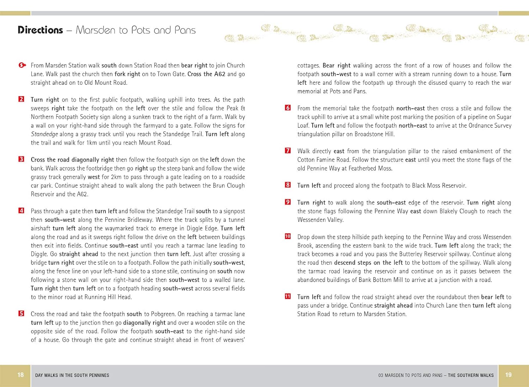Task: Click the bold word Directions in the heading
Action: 40,30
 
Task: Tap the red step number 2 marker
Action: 21,99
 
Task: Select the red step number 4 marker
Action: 21,211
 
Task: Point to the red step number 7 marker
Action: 288,151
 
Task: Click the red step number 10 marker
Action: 288,237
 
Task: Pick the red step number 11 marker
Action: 288,297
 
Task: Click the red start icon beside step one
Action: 22,65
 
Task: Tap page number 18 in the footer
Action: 20,375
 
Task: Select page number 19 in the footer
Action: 508,375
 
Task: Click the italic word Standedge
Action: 44,134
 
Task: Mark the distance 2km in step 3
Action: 116,177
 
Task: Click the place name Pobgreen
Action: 163,314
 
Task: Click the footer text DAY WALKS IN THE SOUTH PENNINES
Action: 72,375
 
